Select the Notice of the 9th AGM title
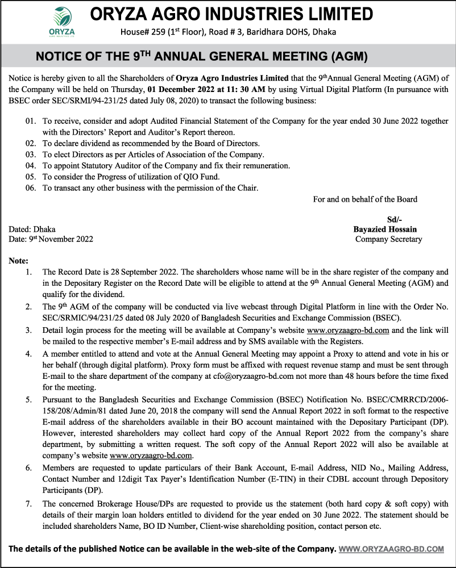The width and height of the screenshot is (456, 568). [202, 57]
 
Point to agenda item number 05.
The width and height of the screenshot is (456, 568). [31, 177]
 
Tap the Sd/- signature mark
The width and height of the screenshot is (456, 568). [395, 220]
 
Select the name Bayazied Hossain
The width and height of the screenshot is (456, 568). [385, 229]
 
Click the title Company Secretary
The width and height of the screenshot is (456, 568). [389, 239]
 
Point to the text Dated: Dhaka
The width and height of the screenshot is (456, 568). [32, 229]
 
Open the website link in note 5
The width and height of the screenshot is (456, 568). [151, 456]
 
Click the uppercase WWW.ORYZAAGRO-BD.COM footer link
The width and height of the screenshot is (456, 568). [391, 549]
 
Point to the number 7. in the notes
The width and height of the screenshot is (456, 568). [28, 504]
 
